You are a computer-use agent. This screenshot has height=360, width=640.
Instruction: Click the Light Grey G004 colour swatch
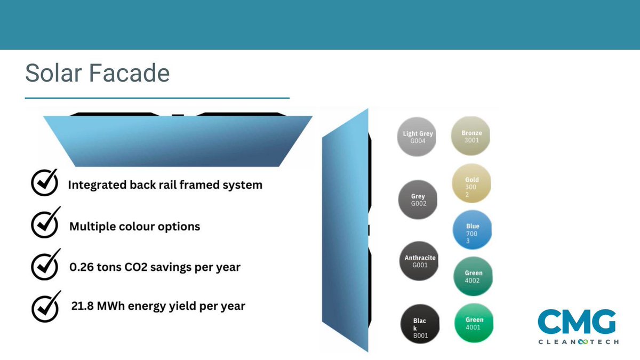(x=418, y=137)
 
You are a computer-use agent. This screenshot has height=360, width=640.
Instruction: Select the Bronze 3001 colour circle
(x=471, y=137)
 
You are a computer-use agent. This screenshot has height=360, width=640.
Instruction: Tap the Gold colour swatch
(x=471, y=183)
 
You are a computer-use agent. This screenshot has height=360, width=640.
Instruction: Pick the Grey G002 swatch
(x=418, y=199)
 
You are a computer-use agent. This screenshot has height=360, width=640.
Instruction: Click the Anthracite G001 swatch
(x=420, y=261)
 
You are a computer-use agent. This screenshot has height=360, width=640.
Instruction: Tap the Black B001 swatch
(x=421, y=324)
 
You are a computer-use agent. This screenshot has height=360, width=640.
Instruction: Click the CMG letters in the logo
(x=577, y=322)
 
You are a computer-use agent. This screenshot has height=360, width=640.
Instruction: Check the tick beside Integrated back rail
(x=44, y=184)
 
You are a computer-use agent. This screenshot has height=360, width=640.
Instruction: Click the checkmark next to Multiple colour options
(x=44, y=225)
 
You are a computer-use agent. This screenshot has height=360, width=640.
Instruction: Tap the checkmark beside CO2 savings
(x=44, y=265)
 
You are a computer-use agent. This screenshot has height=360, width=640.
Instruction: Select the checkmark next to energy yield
(x=44, y=305)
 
